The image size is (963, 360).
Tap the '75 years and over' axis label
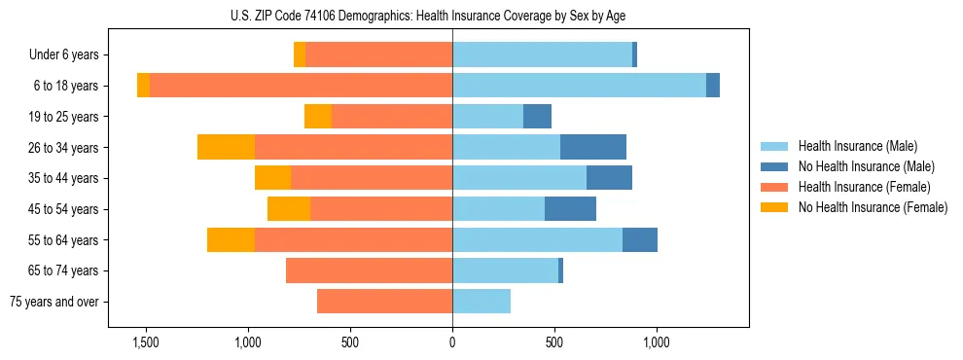pyautogui.click(x=54, y=302)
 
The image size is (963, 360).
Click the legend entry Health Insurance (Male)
pyautogui.click(x=857, y=146)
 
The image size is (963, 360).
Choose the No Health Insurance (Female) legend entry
pyautogui.click(x=873, y=207)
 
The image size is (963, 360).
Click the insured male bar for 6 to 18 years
pyautogui.click(x=579, y=86)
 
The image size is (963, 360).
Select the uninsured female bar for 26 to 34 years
pyautogui.click(x=226, y=147)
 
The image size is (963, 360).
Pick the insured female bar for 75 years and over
pyautogui.click(x=384, y=302)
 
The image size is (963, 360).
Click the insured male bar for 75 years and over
pyautogui.click(x=481, y=302)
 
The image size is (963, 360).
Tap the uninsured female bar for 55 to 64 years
pyautogui.click(x=231, y=240)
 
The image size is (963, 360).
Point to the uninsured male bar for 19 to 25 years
pyautogui.click(x=537, y=117)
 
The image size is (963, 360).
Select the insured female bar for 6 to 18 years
pyautogui.click(x=301, y=86)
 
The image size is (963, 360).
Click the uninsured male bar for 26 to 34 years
pyautogui.click(x=593, y=147)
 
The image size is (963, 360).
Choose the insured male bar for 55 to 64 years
pyautogui.click(x=537, y=240)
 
